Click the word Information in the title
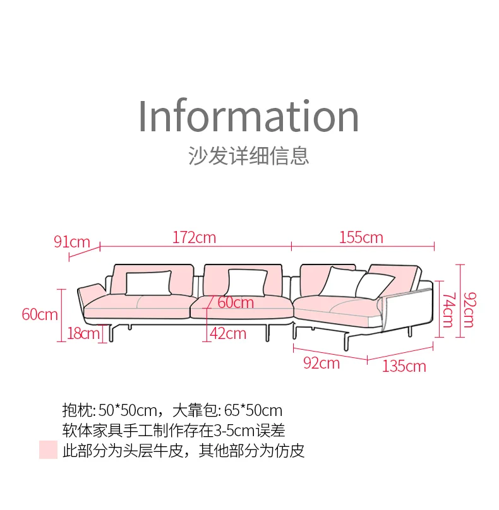[248, 116]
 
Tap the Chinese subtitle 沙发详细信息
[248, 155]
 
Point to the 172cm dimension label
[194, 237]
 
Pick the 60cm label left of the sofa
[40, 314]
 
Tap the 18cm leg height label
[83, 333]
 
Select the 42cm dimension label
[227, 333]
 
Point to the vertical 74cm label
[447, 309]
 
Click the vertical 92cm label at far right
[469, 309]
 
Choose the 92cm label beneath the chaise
[322, 363]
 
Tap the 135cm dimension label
[404, 366]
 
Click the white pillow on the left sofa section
[148, 282]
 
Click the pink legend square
[48, 449]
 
